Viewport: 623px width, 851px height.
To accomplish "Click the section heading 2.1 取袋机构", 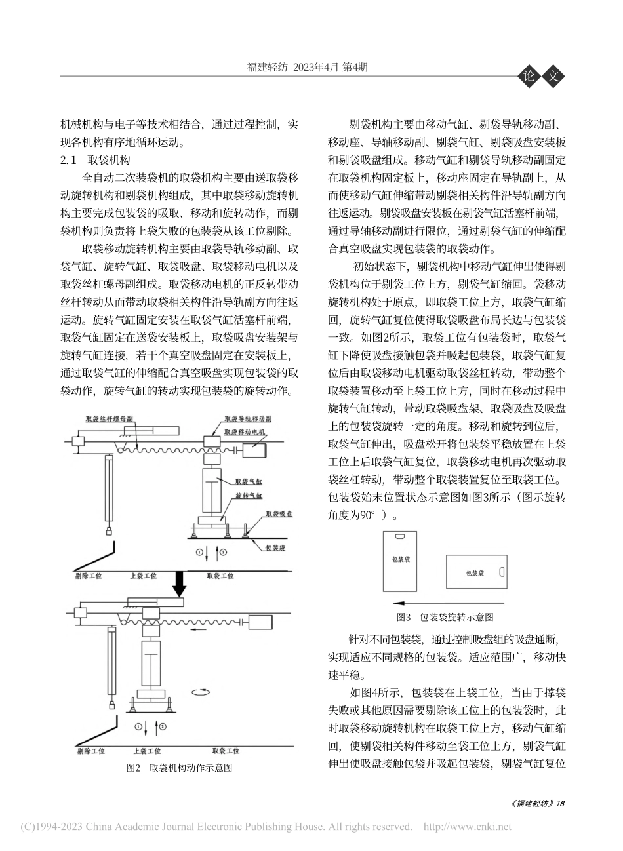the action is (x=96, y=160).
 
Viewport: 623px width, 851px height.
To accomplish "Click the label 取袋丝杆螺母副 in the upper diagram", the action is (x=110, y=418).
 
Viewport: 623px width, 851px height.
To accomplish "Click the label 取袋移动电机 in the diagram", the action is (x=244, y=433).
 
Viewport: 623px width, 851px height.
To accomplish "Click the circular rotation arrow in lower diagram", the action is (x=199, y=692).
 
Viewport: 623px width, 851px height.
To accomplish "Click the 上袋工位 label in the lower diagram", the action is (x=147, y=751).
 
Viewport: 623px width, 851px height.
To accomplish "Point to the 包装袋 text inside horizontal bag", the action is (x=475, y=573).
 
